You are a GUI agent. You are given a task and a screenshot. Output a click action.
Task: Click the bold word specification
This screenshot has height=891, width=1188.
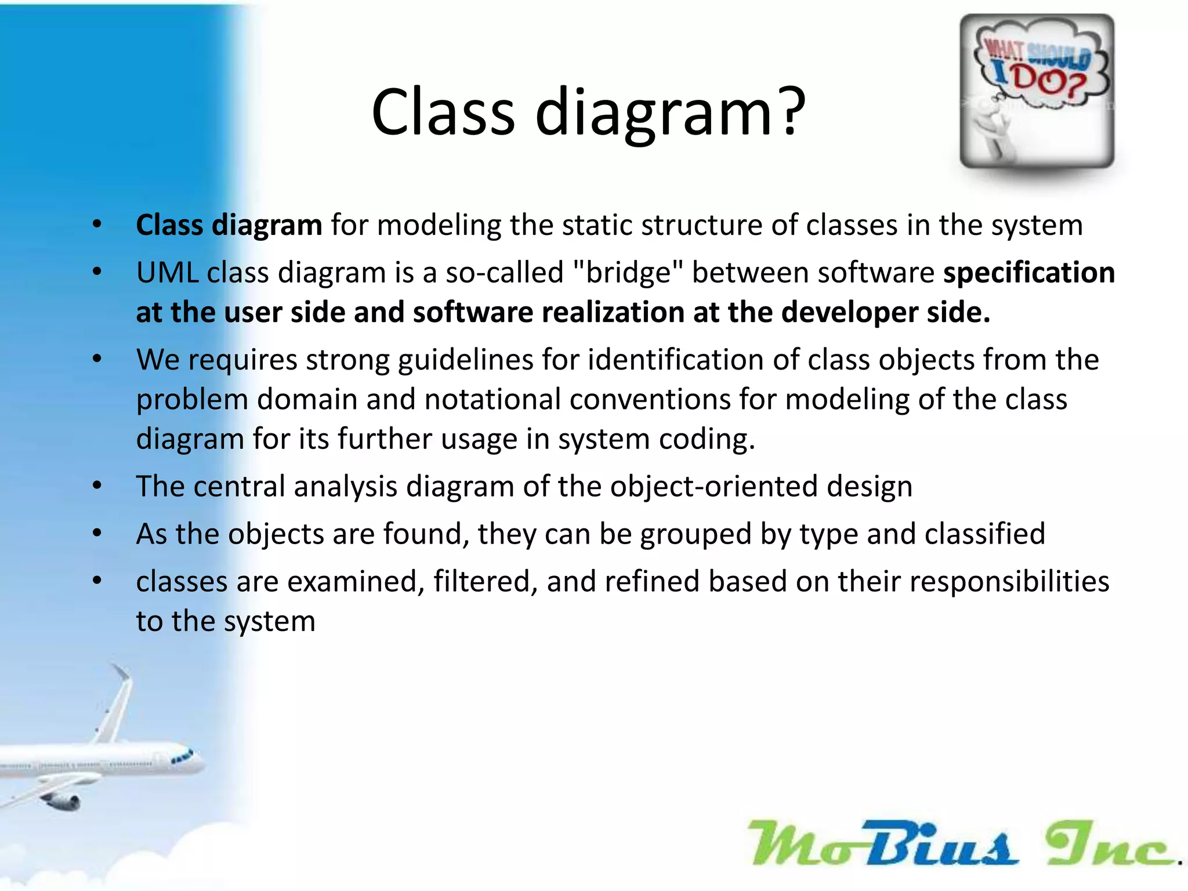pyautogui.click(x=1028, y=273)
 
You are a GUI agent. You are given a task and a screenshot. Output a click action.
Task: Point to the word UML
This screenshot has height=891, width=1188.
pyautogui.click(x=167, y=273)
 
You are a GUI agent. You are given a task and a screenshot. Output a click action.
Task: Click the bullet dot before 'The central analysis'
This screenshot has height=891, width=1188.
pyautogui.click(x=97, y=486)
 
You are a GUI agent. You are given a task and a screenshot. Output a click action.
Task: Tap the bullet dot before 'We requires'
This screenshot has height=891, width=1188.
pyautogui.click(x=97, y=360)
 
